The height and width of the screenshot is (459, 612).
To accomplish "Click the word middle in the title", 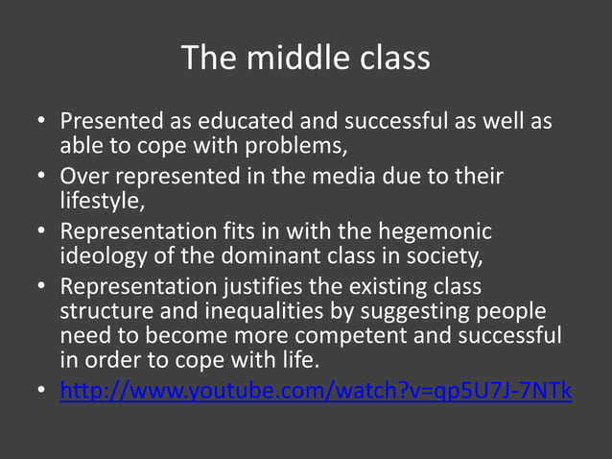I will [x=287, y=59].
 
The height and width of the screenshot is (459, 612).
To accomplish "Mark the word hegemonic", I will [x=436, y=233].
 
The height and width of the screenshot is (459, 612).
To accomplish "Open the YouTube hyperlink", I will [x=316, y=392].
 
